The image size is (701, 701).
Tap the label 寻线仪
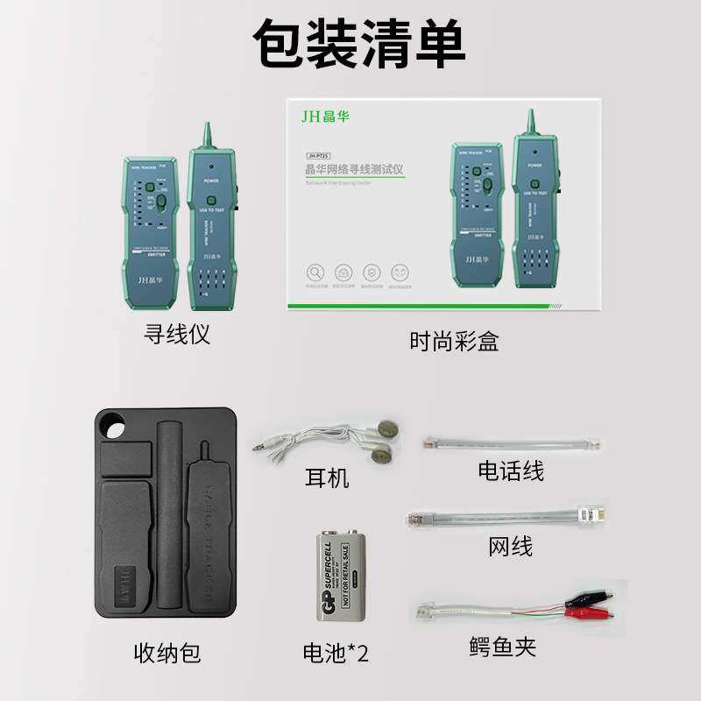point(176,334)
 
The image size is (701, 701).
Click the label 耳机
point(327,478)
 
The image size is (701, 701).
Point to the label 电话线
point(511,471)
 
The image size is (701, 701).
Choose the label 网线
point(510,547)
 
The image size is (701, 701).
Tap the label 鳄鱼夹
point(501,648)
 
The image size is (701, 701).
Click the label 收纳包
point(166,653)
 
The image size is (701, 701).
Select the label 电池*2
point(335,653)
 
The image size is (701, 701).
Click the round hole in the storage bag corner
point(112,428)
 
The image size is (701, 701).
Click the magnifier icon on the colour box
point(316,273)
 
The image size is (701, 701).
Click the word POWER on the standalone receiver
point(210,181)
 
